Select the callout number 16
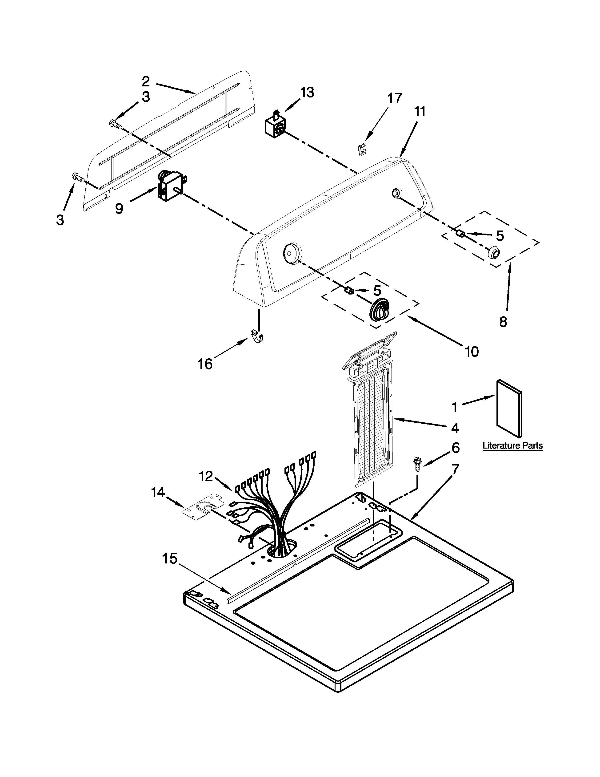[x=205, y=364]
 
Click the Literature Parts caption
[x=512, y=445]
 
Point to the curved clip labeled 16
[x=257, y=336]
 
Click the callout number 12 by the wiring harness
[x=206, y=476]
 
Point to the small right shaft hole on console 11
[x=396, y=193]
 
